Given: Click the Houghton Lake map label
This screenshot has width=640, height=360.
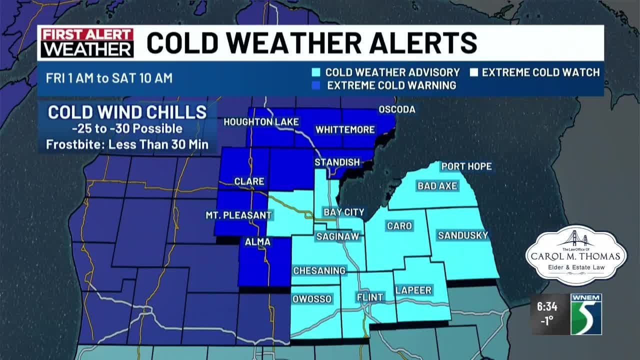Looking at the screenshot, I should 261,122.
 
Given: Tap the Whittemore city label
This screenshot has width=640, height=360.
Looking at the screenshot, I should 345,129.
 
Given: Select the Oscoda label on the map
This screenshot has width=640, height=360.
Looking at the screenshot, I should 397,109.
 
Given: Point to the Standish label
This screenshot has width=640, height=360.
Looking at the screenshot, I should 337,162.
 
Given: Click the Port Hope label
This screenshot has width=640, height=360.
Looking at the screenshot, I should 466,166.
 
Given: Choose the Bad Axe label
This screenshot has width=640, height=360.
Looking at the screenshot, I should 437,186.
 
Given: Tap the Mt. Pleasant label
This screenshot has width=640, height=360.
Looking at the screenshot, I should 238,215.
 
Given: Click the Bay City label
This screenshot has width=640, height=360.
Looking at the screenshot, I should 343,212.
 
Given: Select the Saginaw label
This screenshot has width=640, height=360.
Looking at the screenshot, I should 337,236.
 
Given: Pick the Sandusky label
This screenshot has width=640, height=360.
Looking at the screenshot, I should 462,235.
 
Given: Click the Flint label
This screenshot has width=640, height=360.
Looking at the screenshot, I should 369,297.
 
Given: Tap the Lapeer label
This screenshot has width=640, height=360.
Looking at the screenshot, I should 413,290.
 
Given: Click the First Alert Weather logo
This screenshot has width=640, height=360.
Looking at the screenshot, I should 87,43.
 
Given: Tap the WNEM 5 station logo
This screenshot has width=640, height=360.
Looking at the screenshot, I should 586,314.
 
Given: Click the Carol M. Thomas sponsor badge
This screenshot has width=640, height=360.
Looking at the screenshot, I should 575,256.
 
